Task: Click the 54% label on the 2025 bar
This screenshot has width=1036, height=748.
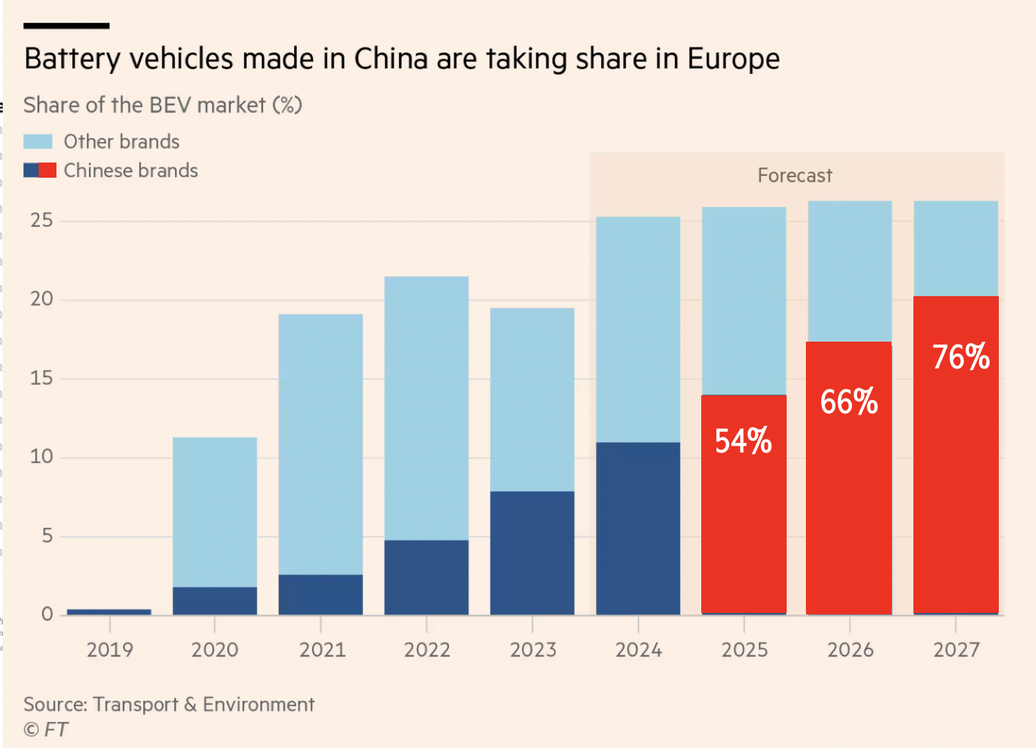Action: tap(743, 441)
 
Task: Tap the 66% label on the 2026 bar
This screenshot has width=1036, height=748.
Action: tap(849, 402)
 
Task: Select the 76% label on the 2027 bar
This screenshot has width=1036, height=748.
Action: tap(961, 357)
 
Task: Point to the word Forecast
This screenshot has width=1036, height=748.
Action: tap(795, 176)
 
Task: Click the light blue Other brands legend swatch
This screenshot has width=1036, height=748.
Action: tap(38, 142)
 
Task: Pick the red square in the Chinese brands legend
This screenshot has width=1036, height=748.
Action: tap(48, 170)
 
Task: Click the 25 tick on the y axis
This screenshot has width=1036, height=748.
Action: tap(41, 220)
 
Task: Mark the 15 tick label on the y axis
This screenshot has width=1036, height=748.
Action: tap(41, 378)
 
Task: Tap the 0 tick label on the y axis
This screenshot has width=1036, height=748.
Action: tap(47, 614)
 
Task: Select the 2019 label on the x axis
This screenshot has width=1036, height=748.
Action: tap(110, 650)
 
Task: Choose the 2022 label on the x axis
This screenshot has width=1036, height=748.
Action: tap(427, 650)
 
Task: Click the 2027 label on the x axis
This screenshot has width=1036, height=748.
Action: tap(956, 650)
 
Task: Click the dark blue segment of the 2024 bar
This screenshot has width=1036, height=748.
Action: tap(638, 528)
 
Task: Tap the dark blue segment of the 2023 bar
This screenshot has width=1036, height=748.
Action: tap(532, 552)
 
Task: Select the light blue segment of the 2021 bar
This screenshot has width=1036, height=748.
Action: tap(320, 444)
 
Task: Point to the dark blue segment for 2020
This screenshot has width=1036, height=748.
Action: tap(215, 601)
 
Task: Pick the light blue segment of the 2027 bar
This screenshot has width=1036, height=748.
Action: tap(956, 248)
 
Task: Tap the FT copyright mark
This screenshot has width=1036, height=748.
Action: tap(45, 729)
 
